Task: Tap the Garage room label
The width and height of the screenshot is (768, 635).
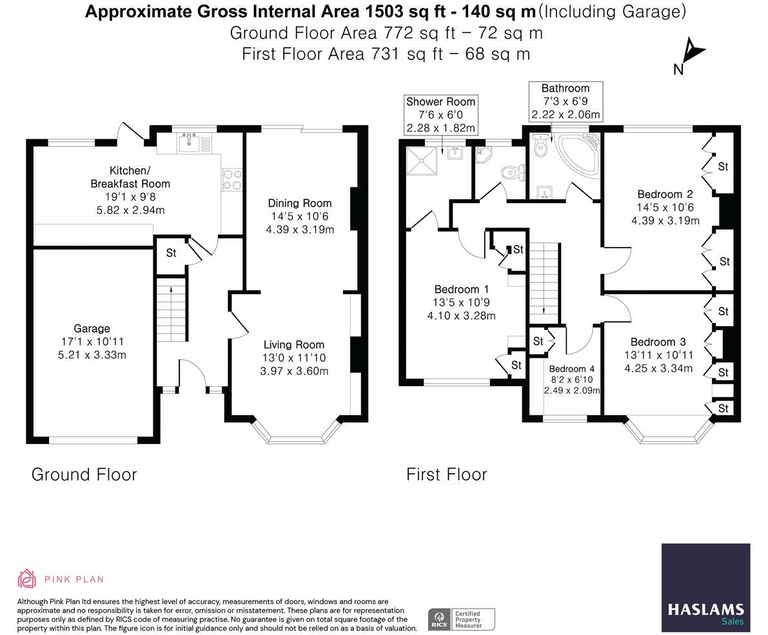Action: coord(92,329)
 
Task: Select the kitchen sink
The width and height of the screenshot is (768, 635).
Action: coord(190,142)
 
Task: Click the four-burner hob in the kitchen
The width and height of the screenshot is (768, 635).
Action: coord(232,179)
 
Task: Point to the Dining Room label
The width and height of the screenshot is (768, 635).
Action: coord(300,203)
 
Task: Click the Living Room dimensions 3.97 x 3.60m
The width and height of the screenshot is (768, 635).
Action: coord(294,371)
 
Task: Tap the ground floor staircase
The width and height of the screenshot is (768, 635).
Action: coord(172,309)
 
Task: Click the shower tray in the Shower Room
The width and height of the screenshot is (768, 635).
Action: coord(422,161)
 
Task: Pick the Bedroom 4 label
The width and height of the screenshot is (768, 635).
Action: coord(571,369)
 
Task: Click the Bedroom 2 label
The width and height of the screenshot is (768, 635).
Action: coord(665,194)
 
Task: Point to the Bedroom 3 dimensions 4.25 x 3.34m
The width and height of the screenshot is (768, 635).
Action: coord(658,368)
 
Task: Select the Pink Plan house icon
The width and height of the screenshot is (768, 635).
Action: coord(27,579)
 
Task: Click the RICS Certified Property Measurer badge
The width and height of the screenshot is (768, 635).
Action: coord(462,620)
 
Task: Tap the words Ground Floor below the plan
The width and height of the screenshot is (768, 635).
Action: coord(84,474)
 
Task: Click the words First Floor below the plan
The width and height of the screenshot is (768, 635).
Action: coord(447,474)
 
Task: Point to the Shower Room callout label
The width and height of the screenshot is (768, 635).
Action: coord(441,115)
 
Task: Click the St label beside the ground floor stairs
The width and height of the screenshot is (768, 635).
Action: coord(171,253)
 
